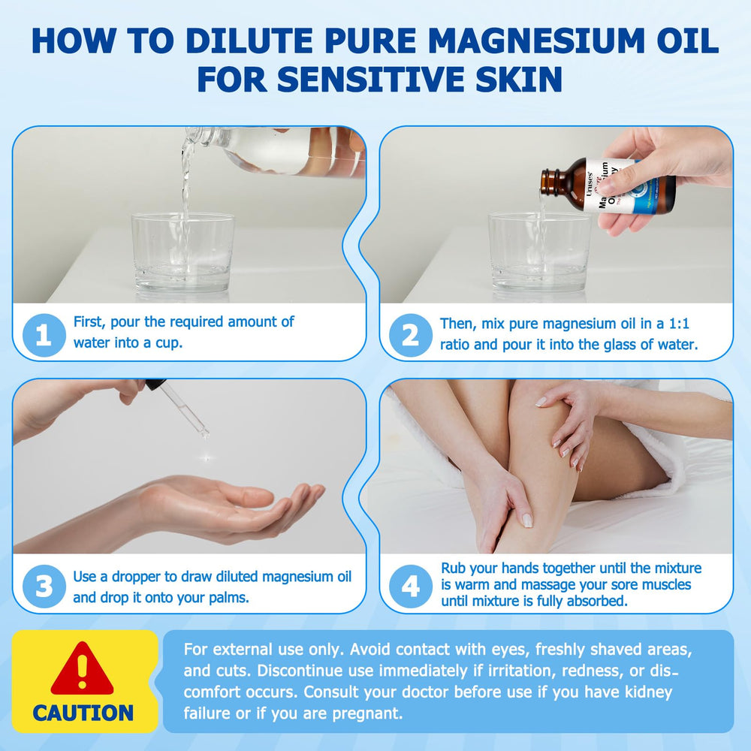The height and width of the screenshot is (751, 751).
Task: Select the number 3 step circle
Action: (44, 587)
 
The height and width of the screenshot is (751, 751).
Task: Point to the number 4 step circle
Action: (410, 587)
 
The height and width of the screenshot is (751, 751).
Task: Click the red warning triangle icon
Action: (82, 669)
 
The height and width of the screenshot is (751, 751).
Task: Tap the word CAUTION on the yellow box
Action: (83, 713)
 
